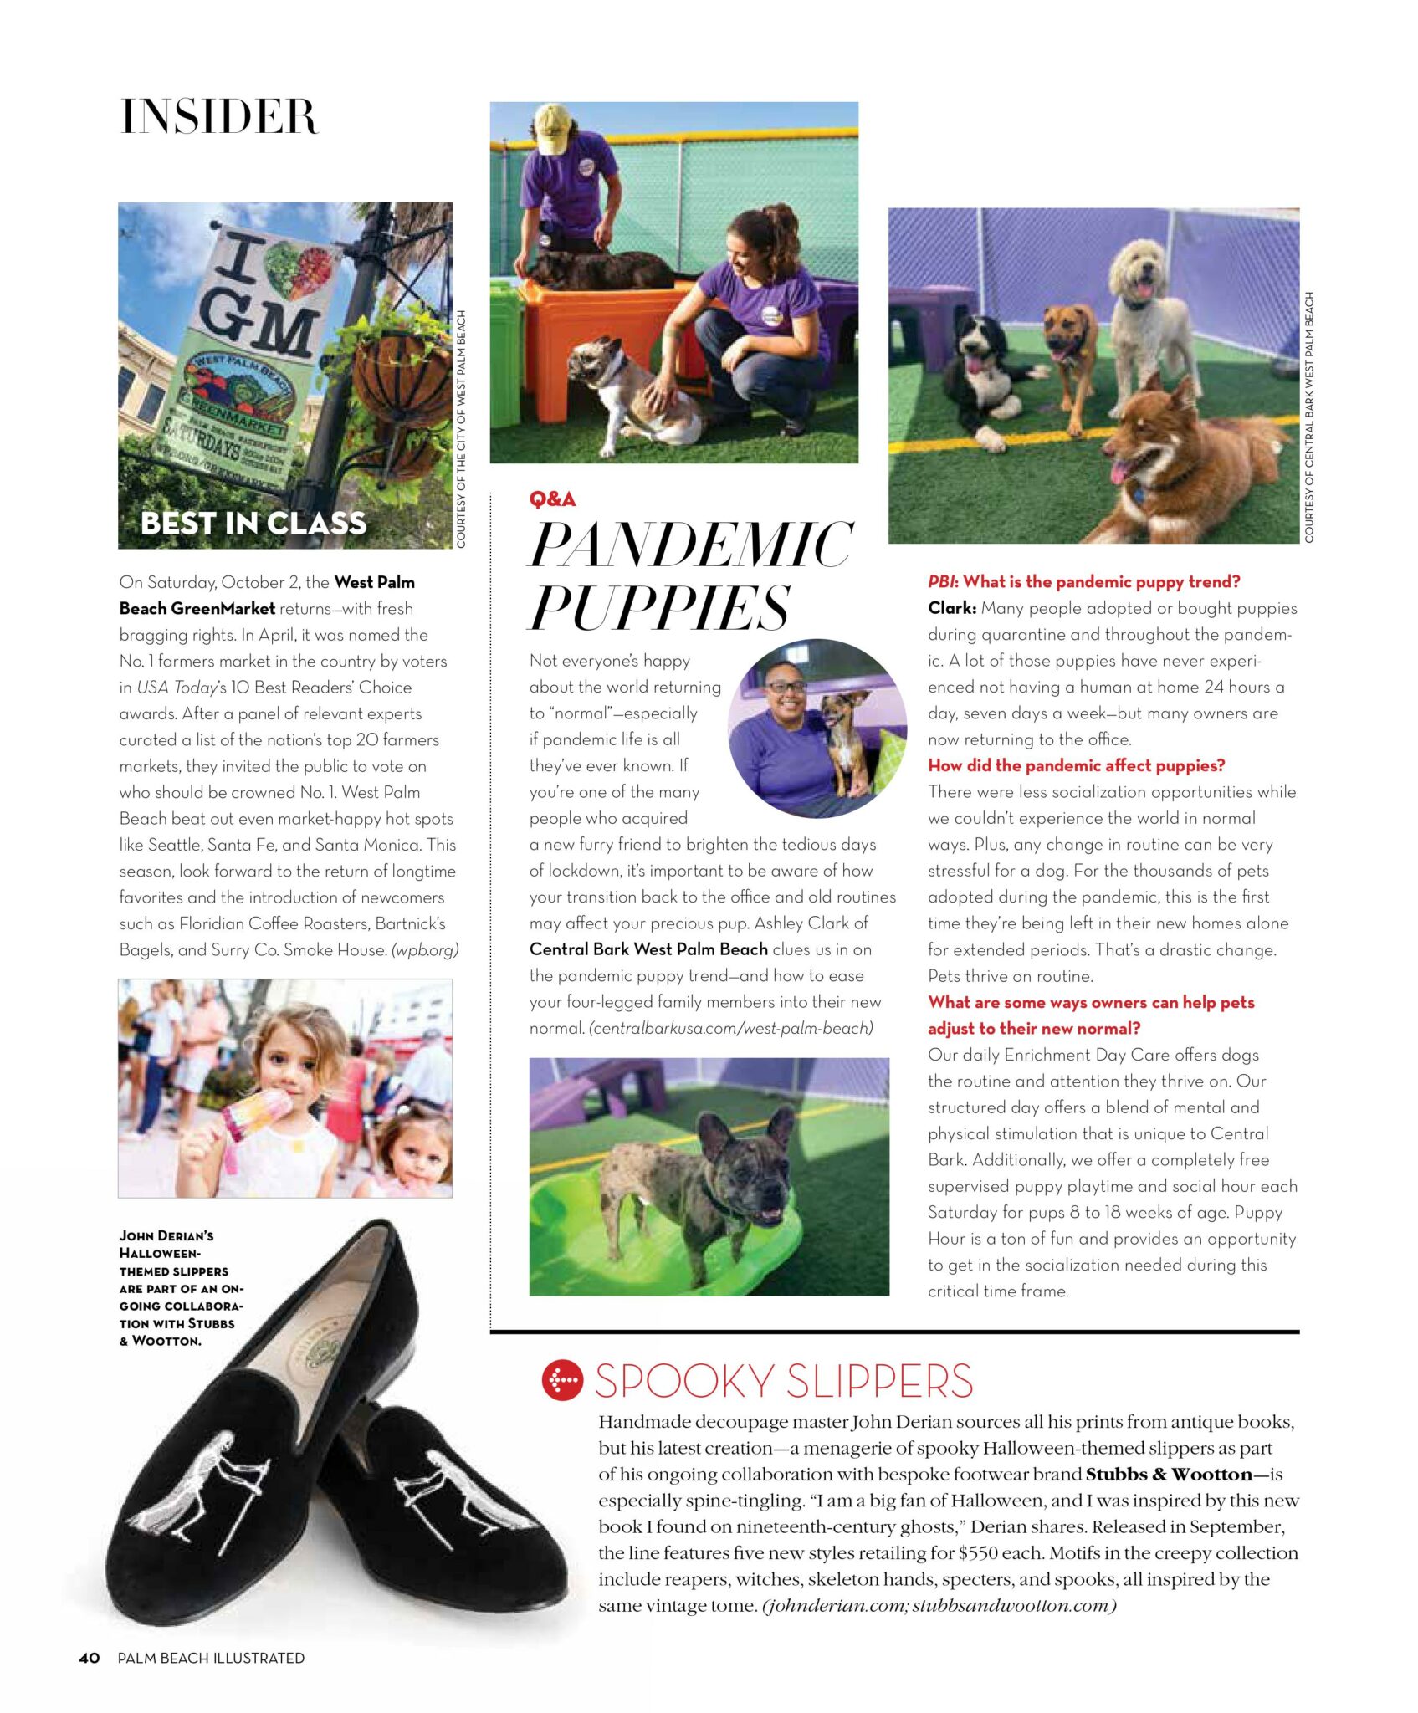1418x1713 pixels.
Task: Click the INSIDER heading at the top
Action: pyautogui.click(x=219, y=116)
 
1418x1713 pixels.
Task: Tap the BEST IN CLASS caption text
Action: pyautogui.click(x=253, y=523)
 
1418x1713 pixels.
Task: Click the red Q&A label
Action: pyautogui.click(x=552, y=499)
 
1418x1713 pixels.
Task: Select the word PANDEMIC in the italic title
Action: pyautogui.click(x=691, y=545)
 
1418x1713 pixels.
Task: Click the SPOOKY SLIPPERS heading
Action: pyautogui.click(x=784, y=1381)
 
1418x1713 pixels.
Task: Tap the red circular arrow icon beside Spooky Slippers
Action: pyautogui.click(x=561, y=1380)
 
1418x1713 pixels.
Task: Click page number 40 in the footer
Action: pyautogui.click(x=90, y=1658)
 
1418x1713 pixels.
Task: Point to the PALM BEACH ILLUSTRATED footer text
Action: pyautogui.click(x=211, y=1658)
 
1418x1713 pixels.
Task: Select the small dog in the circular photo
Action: pyautogui.click(x=846, y=736)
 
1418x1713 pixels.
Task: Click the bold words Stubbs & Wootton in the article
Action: pyautogui.click(x=1169, y=1474)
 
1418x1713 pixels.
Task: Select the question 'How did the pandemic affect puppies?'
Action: pyautogui.click(x=1076, y=765)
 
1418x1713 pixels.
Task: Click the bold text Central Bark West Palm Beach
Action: pyautogui.click(x=648, y=949)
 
